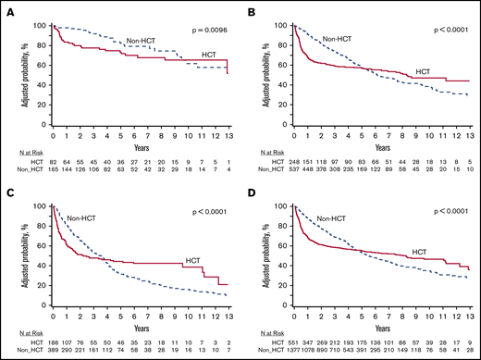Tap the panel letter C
(6, 186)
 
